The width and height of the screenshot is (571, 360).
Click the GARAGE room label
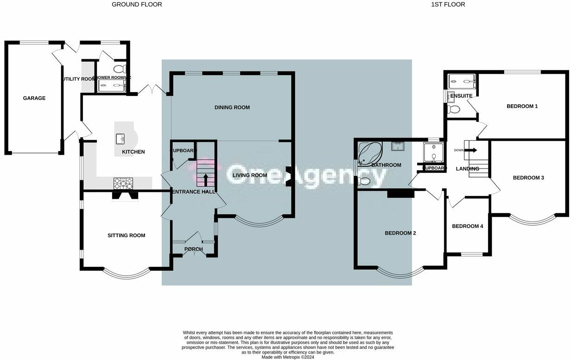pyautogui.click(x=34, y=98)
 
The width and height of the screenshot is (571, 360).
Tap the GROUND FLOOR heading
pyautogui.click(x=137, y=5)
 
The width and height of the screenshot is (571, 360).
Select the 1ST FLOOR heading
pyautogui.click(x=448, y=5)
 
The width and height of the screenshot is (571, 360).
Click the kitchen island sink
pyautogui.click(x=122, y=138)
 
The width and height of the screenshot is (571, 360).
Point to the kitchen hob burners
pyautogui.click(x=123, y=183)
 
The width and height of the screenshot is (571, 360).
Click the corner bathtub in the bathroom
pyautogui.click(x=370, y=153)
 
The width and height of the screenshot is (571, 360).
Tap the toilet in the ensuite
pyautogui.click(x=453, y=109)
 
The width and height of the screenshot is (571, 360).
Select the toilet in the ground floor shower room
pyautogui.click(x=120, y=69)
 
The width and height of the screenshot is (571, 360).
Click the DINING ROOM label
pyautogui.click(x=232, y=107)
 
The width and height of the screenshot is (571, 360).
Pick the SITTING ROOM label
pyautogui.click(x=126, y=235)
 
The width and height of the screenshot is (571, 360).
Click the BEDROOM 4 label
pyautogui.click(x=467, y=227)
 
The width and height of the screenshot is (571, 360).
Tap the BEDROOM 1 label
pyautogui.click(x=522, y=107)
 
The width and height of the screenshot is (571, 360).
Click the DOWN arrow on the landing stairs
pyautogui.click(x=472, y=150)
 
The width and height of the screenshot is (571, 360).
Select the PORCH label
pyautogui.click(x=193, y=249)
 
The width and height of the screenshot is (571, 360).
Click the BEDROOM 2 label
pyautogui.click(x=400, y=234)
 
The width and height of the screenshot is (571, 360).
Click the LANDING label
pyautogui.click(x=467, y=169)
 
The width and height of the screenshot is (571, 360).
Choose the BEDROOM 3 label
pyautogui.click(x=528, y=178)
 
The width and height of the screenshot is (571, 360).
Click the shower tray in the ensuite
pyautogui.click(x=462, y=82)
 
